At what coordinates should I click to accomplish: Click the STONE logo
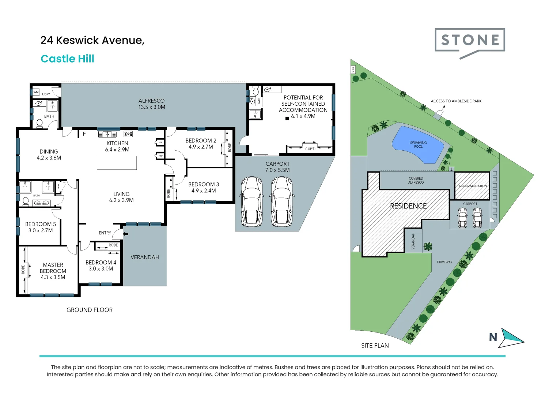tap(470, 40)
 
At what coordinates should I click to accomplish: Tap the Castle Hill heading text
tap(67, 59)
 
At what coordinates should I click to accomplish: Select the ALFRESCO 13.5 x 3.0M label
tap(152, 104)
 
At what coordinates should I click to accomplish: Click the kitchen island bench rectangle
tap(117, 163)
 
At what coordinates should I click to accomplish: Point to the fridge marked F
tap(84, 134)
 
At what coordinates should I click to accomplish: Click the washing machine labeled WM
tap(36, 92)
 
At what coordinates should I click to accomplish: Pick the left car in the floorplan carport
tap(251, 202)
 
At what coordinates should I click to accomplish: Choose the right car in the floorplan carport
tap(281, 202)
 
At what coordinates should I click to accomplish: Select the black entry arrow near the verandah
tap(126, 234)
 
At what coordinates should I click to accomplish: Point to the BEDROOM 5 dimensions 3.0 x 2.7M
tap(41, 230)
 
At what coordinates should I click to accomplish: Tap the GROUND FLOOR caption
tap(90, 310)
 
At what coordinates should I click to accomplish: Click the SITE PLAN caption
tap(375, 346)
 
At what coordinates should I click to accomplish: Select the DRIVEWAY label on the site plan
tap(444, 262)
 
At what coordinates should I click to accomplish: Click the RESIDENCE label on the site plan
tap(408, 206)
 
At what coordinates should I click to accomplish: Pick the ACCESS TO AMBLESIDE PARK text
tap(456, 101)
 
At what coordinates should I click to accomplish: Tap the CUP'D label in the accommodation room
tap(310, 149)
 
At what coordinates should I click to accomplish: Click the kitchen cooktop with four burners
tap(128, 134)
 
